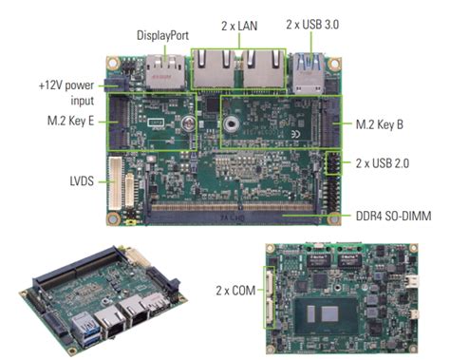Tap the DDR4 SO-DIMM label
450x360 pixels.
click(x=388, y=217)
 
